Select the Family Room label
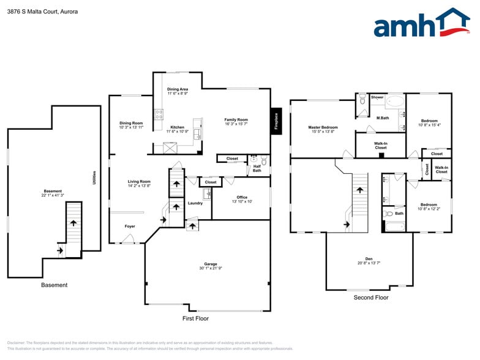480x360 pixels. (x=236, y=119)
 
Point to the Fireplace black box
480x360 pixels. (x=276, y=121)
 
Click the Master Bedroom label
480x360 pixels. (x=323, y=127)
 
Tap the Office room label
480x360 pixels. (x=242, y=197)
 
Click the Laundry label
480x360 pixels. (x=195, y=203)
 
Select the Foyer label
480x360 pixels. (x=130, y=227)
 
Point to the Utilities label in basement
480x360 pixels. (x=94, y=177)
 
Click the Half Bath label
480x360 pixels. (x=257, y=168)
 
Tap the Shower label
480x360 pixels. (x=377, y=97)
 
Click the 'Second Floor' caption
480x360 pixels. (x=371, y=298)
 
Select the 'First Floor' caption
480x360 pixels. (x=195, y=318)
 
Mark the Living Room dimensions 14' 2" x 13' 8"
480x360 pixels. (x=139, y=186)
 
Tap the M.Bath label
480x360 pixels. (x=383, y=118)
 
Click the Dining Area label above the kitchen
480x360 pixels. (x=178, y=89)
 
